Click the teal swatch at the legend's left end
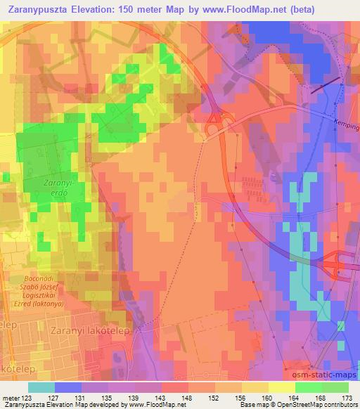tap(40, 387)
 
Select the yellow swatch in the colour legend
tap(283, 387)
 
